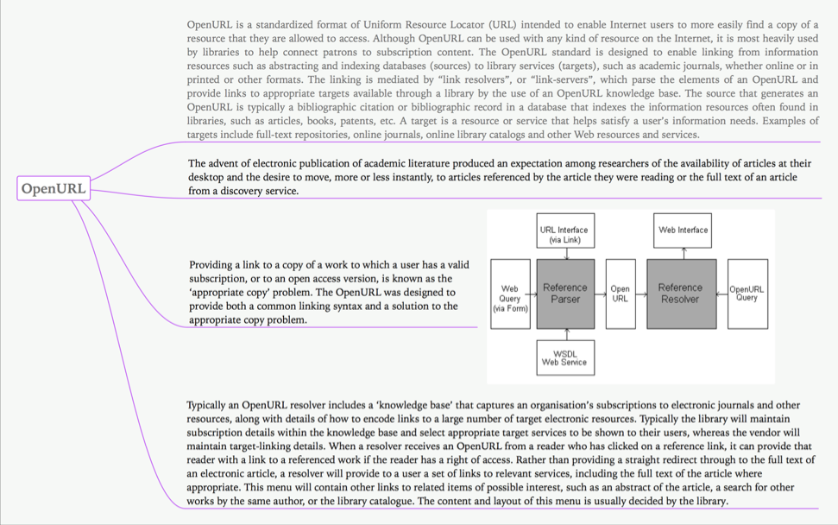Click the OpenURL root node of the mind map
point(54,188)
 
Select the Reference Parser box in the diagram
point(565,294)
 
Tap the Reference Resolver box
point(680,294)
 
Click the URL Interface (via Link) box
point(564,231)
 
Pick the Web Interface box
point(683,231)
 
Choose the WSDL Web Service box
point(564,357)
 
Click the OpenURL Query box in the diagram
point(747,294)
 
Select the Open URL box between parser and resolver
point(621,294)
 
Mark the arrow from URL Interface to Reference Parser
point(565,254)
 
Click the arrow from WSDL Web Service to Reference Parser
point(565,334)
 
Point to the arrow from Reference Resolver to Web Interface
point(684,254)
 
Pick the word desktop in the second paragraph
point(208,177)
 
